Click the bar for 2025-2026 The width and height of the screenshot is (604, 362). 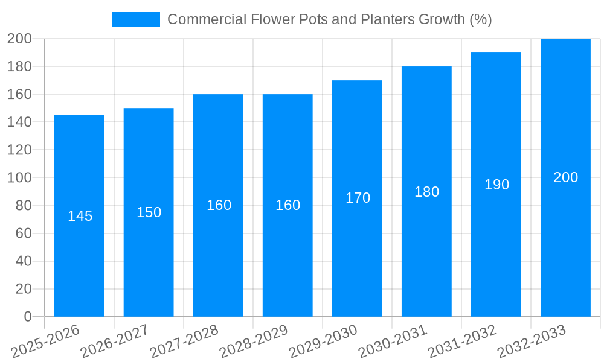[x=79, y=253]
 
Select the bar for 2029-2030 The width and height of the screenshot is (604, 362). [x=357, y=253]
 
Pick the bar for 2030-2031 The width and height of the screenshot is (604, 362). [x=426, y=253]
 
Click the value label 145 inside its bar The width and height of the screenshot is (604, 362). [x=80, y=216]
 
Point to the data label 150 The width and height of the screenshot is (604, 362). [x=149, y=212]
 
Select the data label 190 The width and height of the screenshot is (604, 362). [x=496, y=185]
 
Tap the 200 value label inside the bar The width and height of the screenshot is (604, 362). [x=565, y=177]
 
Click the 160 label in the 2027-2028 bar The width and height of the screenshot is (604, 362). [x=219, y=205]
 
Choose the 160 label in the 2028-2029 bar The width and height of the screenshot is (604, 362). [x=288, y=205]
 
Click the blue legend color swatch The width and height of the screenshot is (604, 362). [x=136, y=19]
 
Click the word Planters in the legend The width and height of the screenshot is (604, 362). [x=387, y=19]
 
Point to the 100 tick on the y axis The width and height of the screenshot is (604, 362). [x=19, y=178]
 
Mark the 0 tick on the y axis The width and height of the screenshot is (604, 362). [x=28, y=317]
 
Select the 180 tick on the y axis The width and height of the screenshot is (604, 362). [x=19, y=66]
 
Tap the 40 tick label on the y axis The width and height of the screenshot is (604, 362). [x=23, y=261]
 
